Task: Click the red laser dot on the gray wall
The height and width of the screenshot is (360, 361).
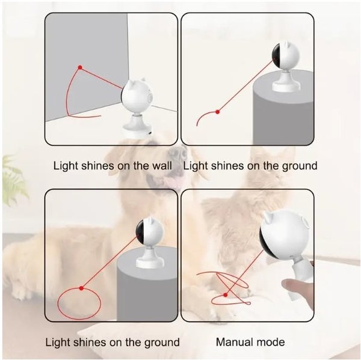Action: [80, 67]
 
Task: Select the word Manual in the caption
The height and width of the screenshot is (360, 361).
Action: [232, 342]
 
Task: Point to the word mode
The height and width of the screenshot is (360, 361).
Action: [268, 342]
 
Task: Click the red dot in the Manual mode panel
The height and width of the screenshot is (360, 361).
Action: [226, 295]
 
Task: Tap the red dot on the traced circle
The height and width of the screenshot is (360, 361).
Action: [81, 288]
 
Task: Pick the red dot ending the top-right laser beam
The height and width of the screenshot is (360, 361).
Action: [218, 112]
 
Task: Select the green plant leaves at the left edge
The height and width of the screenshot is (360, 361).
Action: [13, 180]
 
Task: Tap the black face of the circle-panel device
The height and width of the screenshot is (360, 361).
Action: [140, 232]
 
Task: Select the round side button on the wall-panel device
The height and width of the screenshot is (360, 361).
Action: [150, 97]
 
